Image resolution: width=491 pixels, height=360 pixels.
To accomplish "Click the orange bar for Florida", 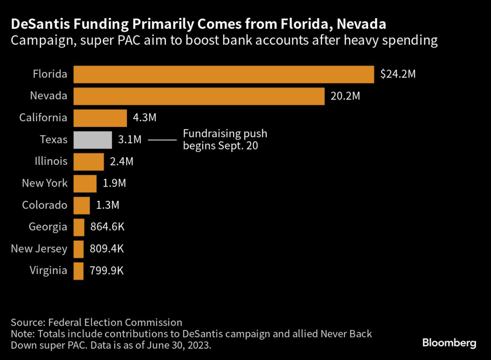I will [223, 74].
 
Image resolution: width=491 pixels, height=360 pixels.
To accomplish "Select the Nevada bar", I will [199, 96].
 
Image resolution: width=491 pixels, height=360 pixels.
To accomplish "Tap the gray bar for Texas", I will [93, 139].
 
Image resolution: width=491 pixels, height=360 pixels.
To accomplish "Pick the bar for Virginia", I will [78, 270].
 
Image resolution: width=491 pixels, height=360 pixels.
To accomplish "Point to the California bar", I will [100, 117].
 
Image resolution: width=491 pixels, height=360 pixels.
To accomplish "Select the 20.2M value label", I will [345, 96].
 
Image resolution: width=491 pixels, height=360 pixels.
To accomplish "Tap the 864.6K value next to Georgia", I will [107, 227].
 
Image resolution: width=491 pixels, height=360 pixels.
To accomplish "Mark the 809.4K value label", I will [107, 249].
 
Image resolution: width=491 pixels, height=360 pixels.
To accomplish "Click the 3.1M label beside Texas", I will [129, 139].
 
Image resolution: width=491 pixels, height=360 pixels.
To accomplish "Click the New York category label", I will [45, 183].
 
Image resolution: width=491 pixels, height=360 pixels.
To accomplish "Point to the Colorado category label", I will [45, 205].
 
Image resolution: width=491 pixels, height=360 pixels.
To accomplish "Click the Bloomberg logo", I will [449, 343].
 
